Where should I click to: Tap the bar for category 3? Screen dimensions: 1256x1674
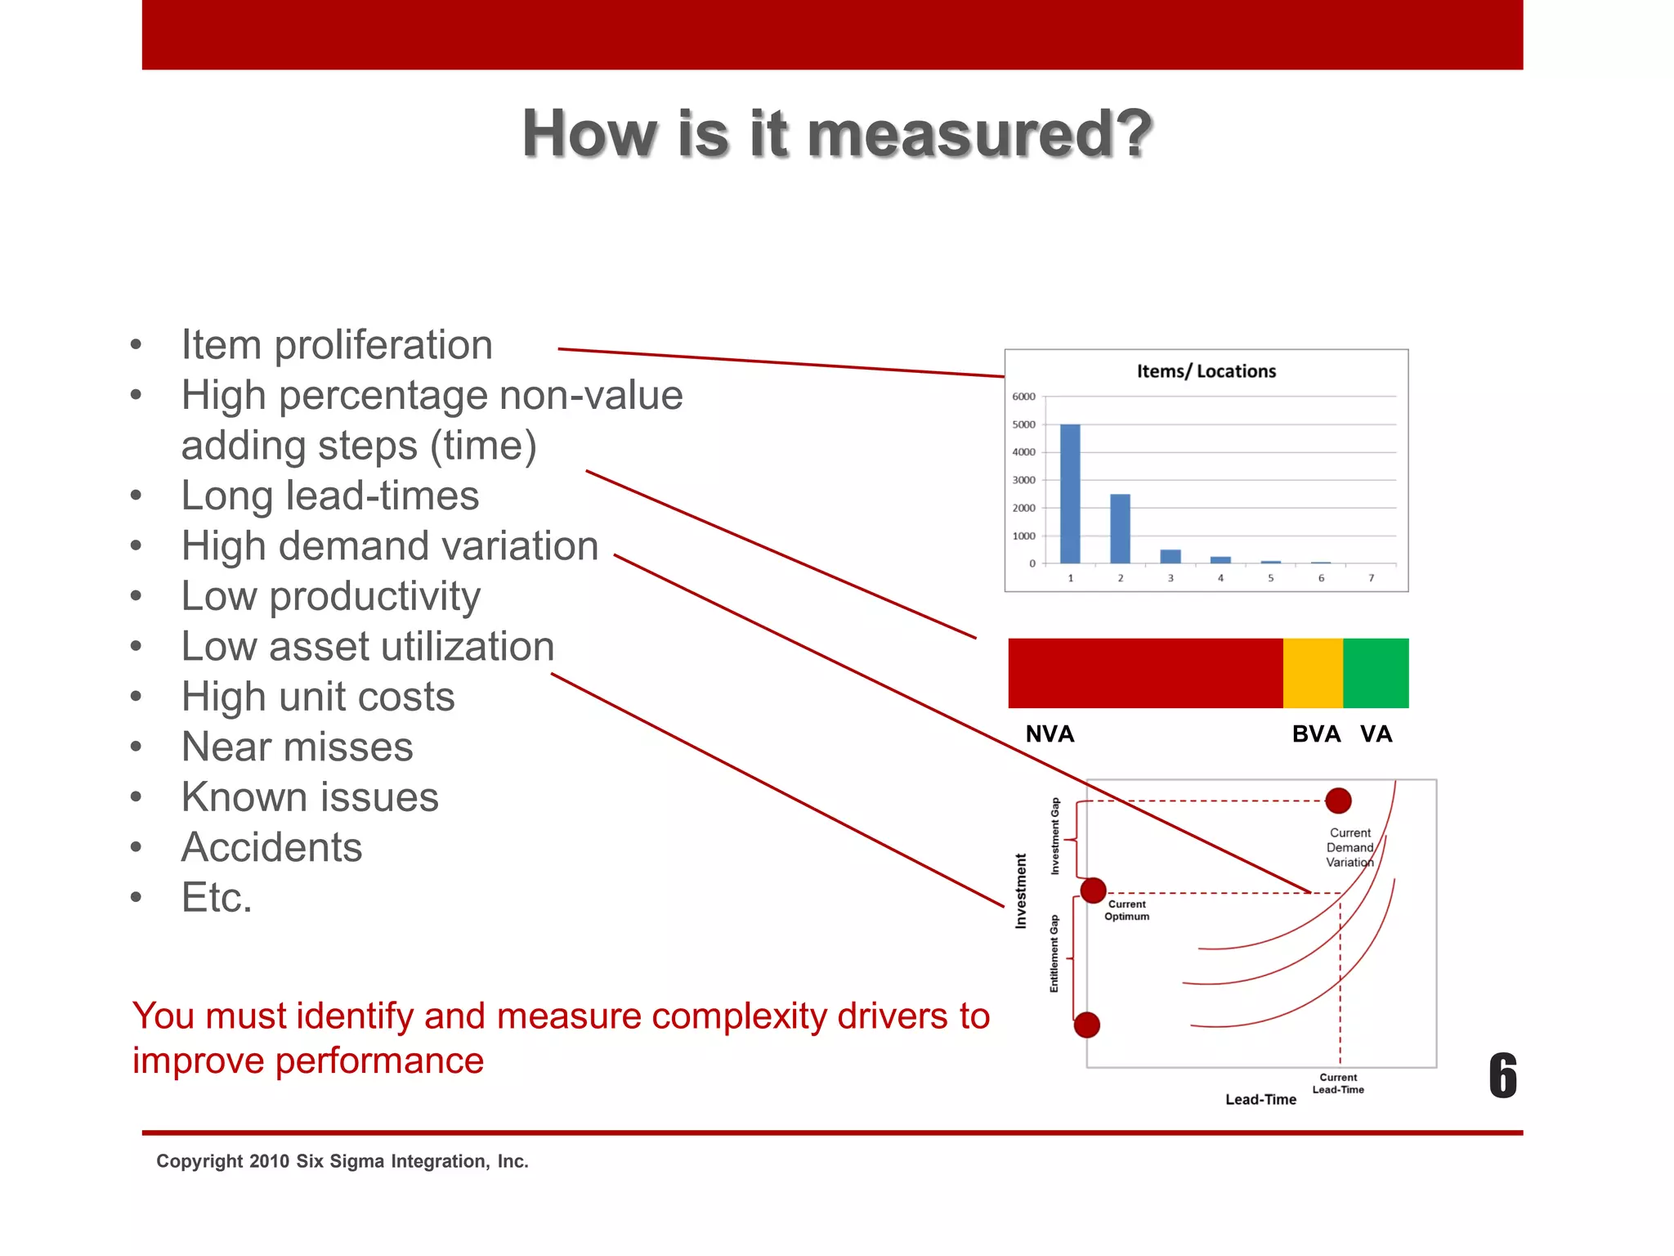click(1170, 556)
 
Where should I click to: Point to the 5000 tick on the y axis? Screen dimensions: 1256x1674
click(1023, 424)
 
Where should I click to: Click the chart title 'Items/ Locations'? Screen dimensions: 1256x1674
click(1206, 371)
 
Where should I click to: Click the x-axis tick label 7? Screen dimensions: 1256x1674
click(1371, 578)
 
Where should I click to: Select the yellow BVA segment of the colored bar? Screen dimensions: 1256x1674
click(1313, 673)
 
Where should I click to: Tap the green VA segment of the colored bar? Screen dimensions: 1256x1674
click(1376, 673)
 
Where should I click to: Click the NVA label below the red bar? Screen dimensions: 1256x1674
click(1050, 733)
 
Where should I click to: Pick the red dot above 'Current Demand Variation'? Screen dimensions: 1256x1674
click(1338, 801)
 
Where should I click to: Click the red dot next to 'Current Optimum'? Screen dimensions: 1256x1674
click(1093, 890)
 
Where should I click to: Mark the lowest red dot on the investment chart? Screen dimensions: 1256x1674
click(1086, 1025)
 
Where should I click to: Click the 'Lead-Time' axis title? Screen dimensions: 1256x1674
click(1260, 1100)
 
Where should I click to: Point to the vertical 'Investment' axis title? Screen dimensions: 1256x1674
click(1020, 890)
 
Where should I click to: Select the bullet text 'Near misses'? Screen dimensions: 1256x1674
click(298, 747)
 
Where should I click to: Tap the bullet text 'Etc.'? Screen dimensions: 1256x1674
click(217, 898)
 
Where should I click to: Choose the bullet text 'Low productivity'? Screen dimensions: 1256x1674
click(331, 596)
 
